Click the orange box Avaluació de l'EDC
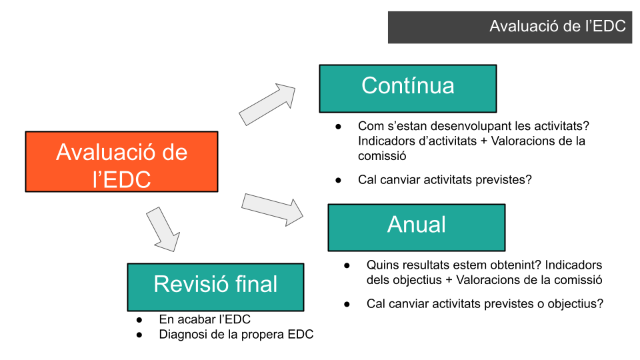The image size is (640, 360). click(122, 162)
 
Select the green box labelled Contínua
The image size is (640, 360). click(407, 88)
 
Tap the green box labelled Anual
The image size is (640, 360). click(416, 227)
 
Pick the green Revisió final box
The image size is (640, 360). click(215, 287)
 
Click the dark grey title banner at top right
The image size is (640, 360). click(510, 27)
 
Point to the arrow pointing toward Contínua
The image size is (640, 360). click(267, 104)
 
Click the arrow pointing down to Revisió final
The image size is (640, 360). click(163, 228)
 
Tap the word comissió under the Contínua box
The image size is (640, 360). click(382, 156)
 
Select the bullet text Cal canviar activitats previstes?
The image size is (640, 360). click(445, 180)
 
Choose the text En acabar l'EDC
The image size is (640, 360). click(205, 319)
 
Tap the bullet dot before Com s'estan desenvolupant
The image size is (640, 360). click(339, 126)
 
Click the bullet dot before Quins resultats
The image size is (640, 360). click(347, 265)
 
